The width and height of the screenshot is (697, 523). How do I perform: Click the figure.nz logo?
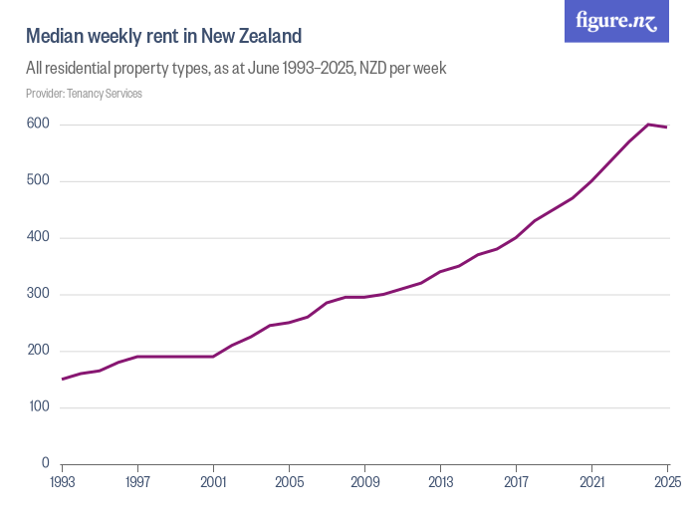[x=616, y=22]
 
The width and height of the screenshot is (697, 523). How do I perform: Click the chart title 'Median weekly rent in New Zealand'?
[x=163, y=37]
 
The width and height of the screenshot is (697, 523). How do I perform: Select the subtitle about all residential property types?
[x=236, y=69]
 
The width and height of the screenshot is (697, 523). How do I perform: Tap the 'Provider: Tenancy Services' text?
[x=84, y=94]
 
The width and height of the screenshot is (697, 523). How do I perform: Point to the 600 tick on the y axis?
[x=39, y=124]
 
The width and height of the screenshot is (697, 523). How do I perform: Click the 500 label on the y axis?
[x=39, y=180]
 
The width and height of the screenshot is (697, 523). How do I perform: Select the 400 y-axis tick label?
[x=39, y=237]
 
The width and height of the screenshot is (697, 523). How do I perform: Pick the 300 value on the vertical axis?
[x=39, y=294]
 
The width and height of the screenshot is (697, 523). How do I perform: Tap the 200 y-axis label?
[x=39, y=351]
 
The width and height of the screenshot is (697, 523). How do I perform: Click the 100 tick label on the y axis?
[x=39, y=407]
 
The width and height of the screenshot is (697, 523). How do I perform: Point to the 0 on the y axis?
[x=46, y=463]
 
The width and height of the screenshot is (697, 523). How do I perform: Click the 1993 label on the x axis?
[x=63, y=482]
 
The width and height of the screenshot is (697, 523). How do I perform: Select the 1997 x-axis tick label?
[x=137, y=482]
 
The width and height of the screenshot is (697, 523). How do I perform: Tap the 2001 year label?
[x=213, y=482]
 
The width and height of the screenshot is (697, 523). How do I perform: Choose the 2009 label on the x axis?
[x=364, y=482]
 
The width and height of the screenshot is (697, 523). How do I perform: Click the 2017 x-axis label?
[x=516, y=482]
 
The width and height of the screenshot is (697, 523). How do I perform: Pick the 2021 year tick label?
[x=591, y=482]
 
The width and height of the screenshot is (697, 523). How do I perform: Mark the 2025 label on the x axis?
[x=665, y=482]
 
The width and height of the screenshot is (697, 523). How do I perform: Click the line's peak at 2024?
[x=648, y=125]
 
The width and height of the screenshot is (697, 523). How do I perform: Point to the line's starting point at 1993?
[x=63, y=379]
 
